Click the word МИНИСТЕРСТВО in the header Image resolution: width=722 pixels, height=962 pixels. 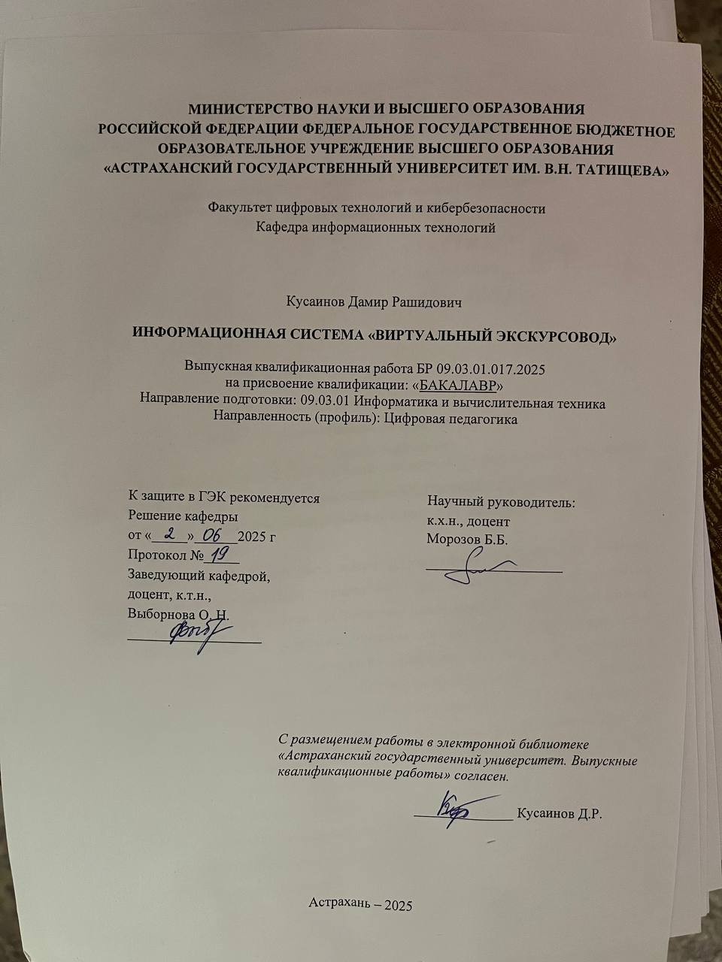click(240, 108)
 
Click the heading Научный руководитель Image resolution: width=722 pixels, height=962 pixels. click(502, 501)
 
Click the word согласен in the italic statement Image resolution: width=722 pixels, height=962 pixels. click(482, 776)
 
